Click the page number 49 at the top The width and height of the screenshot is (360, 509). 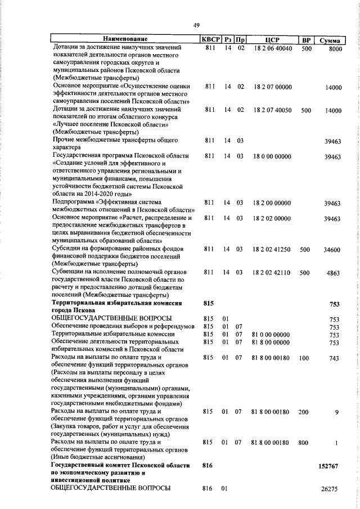coord(197,25)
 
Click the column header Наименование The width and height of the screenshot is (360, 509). coord(125,40)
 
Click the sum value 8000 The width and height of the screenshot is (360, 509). coord(335,49)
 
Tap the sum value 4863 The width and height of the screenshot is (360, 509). coord(334,273)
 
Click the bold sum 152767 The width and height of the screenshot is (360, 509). coord(331,466)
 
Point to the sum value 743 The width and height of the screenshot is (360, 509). coord(334,358)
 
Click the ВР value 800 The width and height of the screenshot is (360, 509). coord(304,443)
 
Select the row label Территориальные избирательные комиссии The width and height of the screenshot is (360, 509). coord(113,334)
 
